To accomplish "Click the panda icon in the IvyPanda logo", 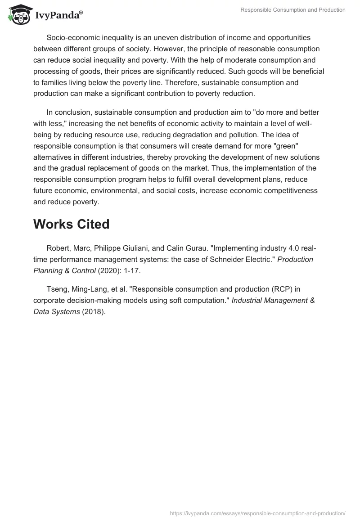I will click(x=18, y=14).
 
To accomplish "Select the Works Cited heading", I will click(x=71, y=224).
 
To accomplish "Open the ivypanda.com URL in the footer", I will click(x=258, y=513).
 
